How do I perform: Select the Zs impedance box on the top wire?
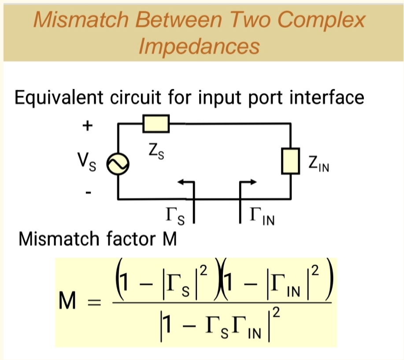[156, 124]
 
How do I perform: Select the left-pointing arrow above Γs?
[185, 182]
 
